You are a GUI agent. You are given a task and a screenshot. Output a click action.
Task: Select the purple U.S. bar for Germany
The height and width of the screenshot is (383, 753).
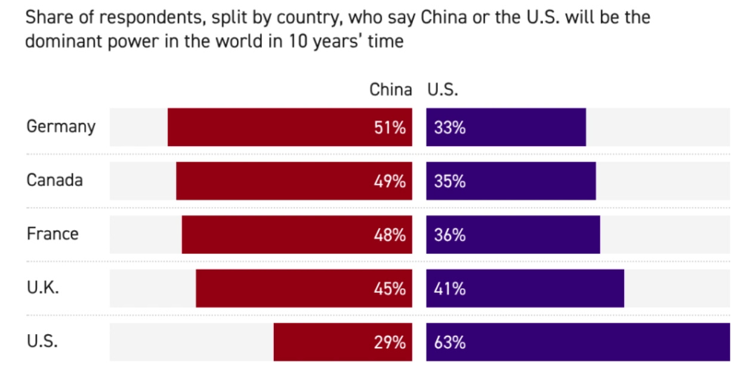tap(506, 127)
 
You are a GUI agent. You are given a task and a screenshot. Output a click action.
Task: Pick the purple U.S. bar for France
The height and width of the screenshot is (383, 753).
tap(513, 234)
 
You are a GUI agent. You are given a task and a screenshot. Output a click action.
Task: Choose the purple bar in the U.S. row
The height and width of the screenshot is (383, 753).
tap(578, 342)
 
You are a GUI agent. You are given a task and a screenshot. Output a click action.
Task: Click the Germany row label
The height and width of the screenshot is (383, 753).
tap(61, 127)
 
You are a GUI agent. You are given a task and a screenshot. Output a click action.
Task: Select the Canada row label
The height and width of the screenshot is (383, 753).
tap(54, 180)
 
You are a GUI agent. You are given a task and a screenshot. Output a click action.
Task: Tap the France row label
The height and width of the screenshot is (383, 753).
tap(53, 233)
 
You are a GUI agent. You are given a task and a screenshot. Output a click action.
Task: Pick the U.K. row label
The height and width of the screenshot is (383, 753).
tap(43, 288)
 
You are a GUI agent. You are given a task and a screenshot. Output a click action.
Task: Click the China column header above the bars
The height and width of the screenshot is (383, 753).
tap(391, 90)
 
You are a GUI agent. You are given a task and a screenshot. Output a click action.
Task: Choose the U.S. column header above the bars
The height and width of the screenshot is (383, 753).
tap(442, 90)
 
